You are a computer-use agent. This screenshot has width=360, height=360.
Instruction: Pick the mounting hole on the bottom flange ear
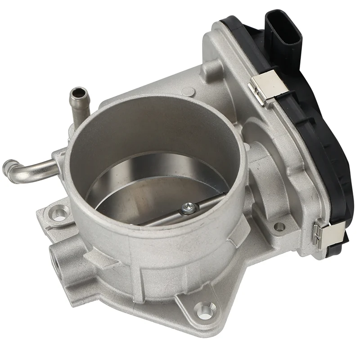coord(203,309)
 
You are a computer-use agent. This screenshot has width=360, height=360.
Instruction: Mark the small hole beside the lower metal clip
coord(279,227)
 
